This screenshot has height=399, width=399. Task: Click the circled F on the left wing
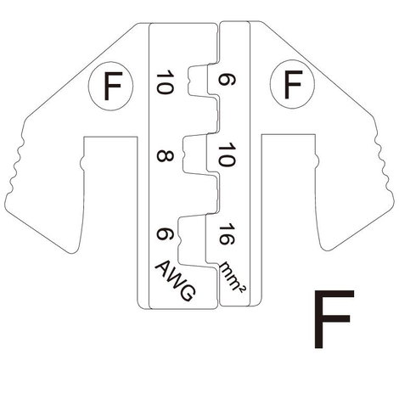click(111, 86)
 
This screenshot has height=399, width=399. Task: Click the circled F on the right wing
click(292, 84)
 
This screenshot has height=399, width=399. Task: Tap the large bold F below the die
click(334, 319)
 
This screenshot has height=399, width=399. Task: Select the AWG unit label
click(176, 280)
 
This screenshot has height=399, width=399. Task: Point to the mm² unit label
click(233, 276)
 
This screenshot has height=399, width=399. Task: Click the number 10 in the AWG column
click(165, 83)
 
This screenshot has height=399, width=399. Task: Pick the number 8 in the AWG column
click(165, 155)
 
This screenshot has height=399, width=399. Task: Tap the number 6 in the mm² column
click(227, 80)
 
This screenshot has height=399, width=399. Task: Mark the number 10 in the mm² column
click(227, 155)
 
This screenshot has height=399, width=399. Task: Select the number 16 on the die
click(227, 234)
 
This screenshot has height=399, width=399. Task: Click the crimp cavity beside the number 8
click(195, 155)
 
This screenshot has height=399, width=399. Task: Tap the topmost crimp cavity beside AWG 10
click(198, 80)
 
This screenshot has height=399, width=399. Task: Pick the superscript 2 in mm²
click(243, 289)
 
